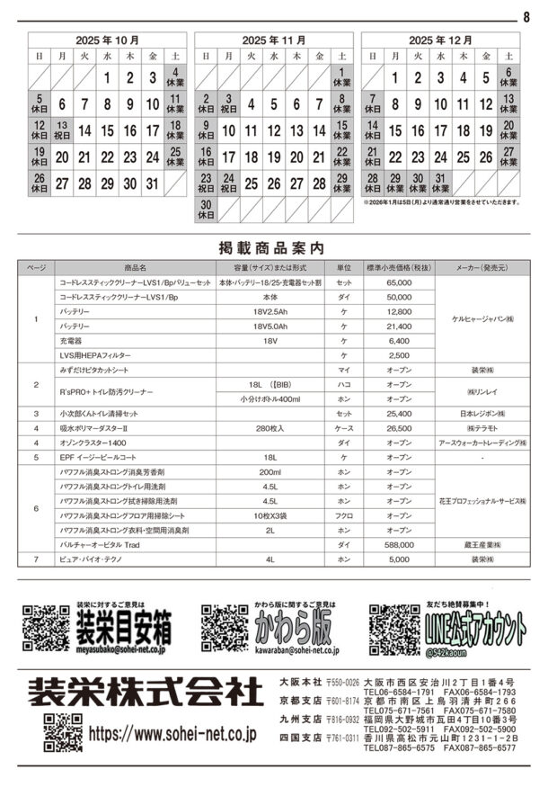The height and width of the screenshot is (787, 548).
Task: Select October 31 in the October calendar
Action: [153, 183]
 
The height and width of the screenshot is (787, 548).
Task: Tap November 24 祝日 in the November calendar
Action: [228, 183]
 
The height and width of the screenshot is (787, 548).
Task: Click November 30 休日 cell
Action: [206, 210]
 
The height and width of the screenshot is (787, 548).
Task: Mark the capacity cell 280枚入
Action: [270, 428]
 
